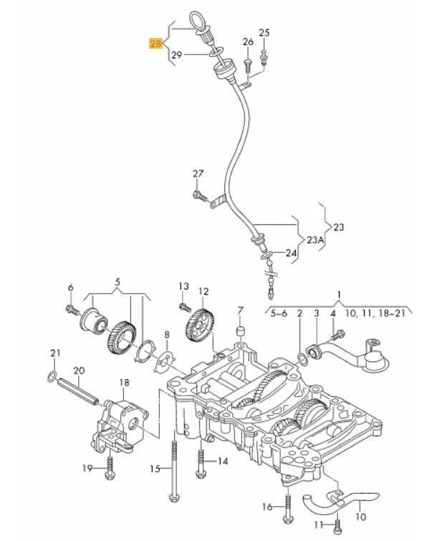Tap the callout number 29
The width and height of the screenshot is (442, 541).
point(176,54)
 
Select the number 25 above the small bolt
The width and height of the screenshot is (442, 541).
point(264,32)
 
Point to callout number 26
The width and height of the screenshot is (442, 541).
point(248,43)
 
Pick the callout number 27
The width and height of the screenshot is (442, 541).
point(198,174)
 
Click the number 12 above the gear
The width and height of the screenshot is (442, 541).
point(203,292)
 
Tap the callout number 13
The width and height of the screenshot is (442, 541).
point(183,287)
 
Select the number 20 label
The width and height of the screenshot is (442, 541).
point(79,370)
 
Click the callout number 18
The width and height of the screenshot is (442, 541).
point(124,383)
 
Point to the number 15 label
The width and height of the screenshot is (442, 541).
point(153,469)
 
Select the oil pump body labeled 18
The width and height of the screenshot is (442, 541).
point(122,419)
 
